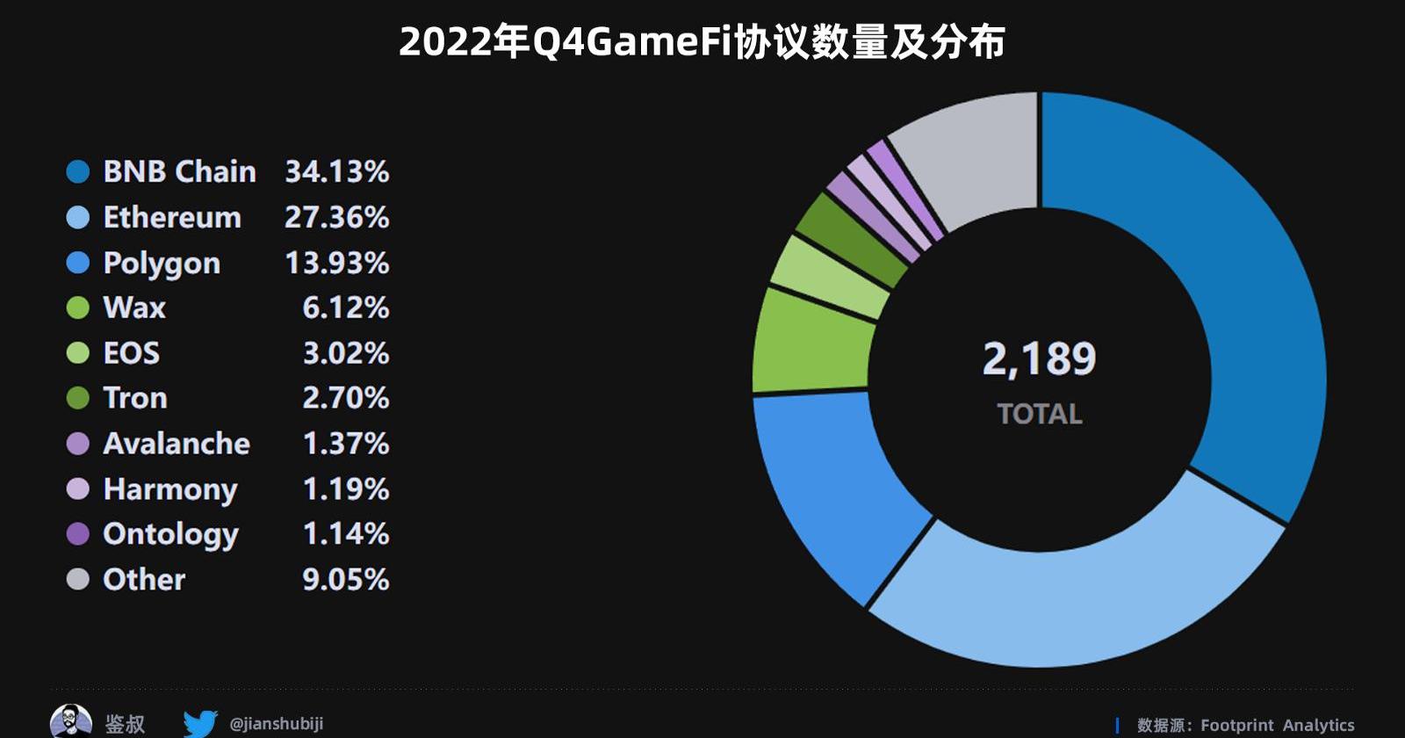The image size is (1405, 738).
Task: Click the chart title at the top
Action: click(702, 41)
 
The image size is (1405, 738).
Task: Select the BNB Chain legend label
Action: click(179, 171)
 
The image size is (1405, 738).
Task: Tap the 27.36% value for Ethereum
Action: click(336, 217)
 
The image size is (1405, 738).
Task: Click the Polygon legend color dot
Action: click(78, 263)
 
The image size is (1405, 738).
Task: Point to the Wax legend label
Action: click(134, 307)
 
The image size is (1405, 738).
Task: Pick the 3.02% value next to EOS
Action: click(345, 353)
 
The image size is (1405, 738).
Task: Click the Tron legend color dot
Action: click(78, 398)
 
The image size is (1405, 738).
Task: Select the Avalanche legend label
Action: click(177, 444)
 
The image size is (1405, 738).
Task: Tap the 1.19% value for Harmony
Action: click(345, 488)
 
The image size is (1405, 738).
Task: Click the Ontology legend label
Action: click(170, 534)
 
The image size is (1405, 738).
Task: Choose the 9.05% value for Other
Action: click(345, 580)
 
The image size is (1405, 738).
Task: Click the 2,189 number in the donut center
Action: click(1039, 358)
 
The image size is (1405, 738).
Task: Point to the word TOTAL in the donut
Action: click(1039, 414)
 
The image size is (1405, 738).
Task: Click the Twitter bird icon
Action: click(200, 724)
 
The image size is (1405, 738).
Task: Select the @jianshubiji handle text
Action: click(276, 724)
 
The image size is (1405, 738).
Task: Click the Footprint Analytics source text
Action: click(1277, 725)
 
